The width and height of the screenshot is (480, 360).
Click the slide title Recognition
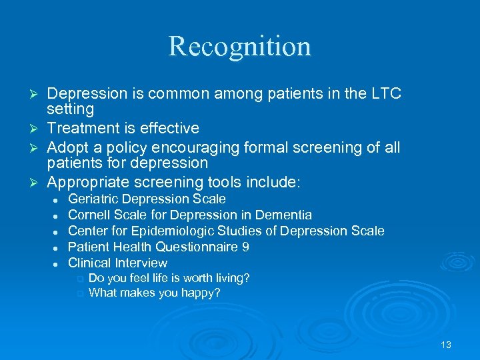click(239, 46)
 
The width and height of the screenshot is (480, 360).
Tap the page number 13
click(446, 345)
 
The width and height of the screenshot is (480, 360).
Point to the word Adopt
click(68, 146)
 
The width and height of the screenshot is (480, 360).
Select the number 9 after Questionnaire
click(245, 247)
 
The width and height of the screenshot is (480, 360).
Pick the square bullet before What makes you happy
click(81, 293)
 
